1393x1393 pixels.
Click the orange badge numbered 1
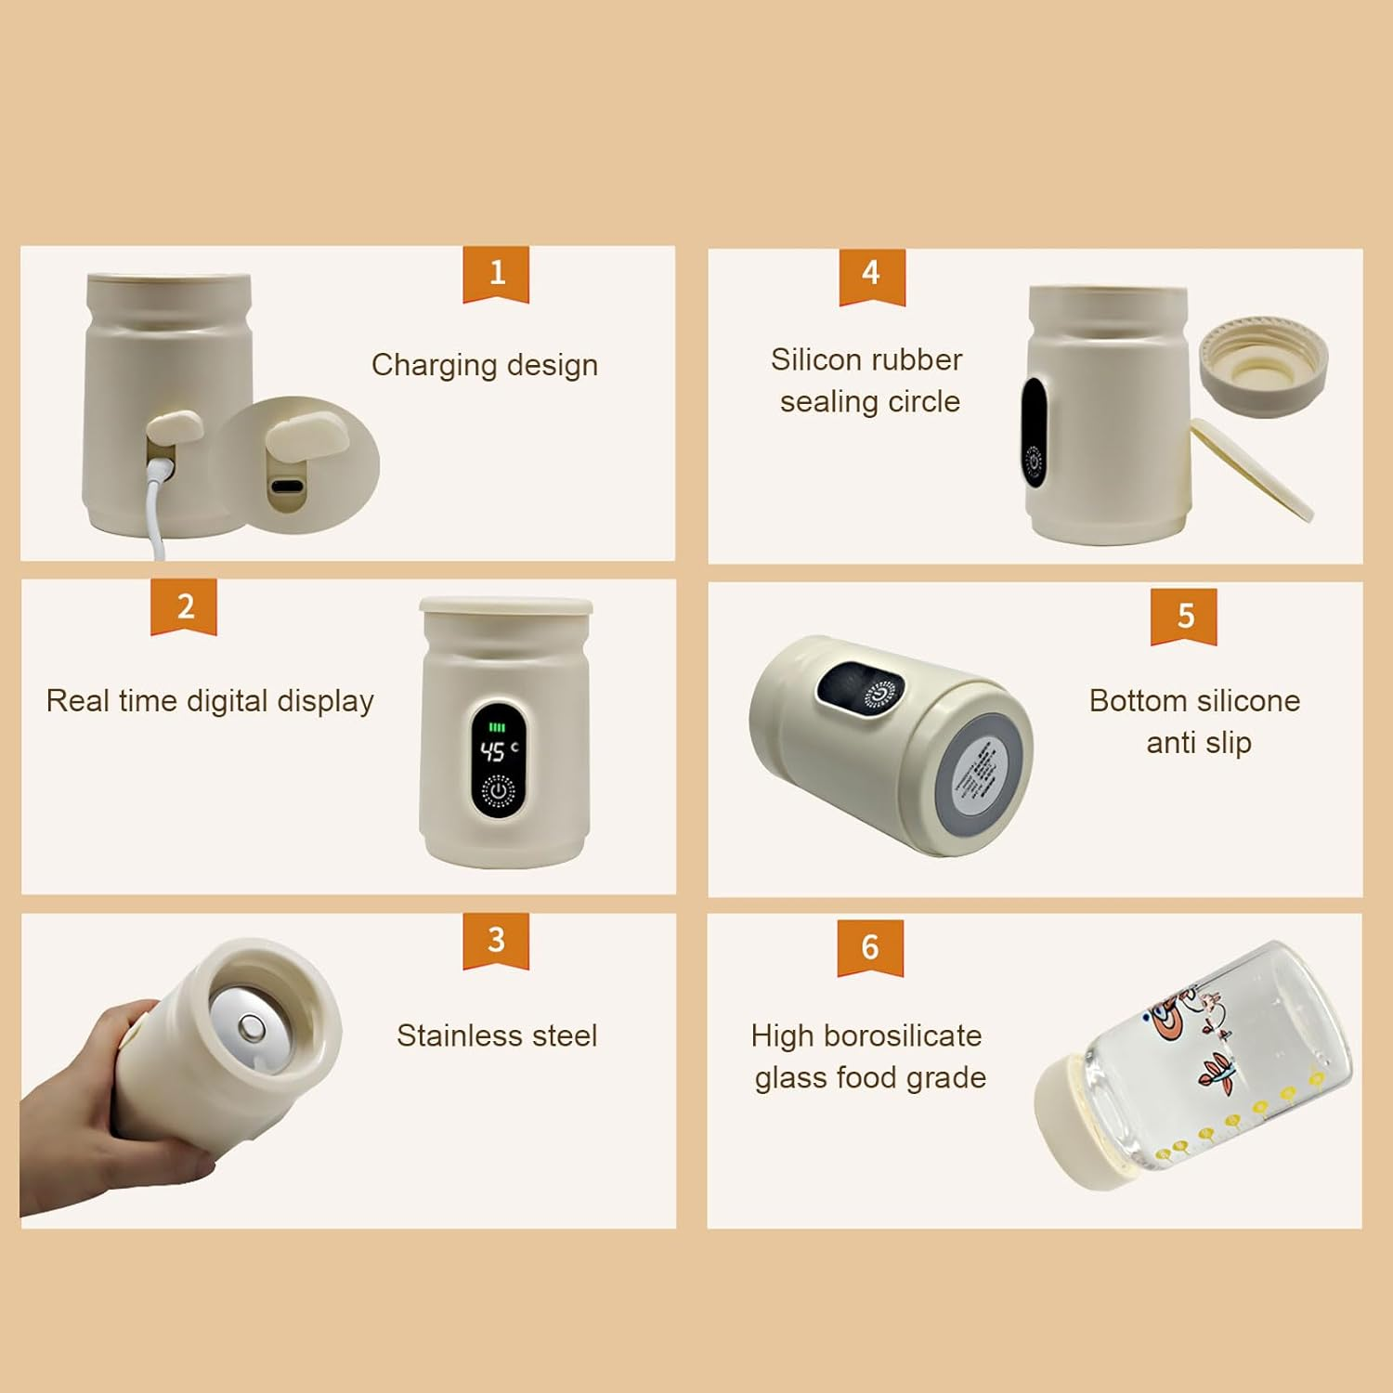point(496,273)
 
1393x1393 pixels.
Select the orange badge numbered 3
point(496,940)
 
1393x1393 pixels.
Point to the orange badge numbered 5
point(1183,616)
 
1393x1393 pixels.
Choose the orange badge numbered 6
point(870,947)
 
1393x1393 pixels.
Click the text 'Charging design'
point(484,365)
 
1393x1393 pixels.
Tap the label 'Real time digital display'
point(210,701)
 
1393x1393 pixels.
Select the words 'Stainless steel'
point(497,1035)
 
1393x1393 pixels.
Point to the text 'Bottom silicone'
point(1194,701)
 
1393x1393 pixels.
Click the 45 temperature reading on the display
point(493,750)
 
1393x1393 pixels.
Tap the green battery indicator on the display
point(498,728)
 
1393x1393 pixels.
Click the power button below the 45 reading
point(499,790)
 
